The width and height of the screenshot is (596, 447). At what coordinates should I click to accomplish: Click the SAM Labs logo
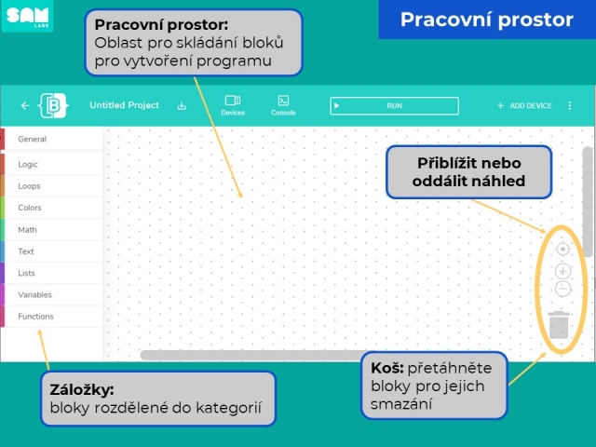27,16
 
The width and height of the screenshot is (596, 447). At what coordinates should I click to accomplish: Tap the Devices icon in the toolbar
233,101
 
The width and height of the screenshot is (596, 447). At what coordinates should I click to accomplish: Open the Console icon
283,101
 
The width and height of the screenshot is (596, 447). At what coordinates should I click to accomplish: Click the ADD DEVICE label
531,105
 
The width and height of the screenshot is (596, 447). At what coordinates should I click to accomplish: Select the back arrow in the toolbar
25,105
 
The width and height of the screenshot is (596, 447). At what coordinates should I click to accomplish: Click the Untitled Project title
124,105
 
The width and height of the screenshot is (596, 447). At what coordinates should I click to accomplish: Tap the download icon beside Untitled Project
182,105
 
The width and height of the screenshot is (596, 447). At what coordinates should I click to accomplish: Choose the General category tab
32,139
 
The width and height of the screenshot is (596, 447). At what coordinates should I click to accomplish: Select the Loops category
29,186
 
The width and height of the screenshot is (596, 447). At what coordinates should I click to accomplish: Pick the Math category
27,230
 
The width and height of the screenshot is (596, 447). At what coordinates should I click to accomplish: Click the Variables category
34,294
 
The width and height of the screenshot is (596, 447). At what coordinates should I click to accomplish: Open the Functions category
35,317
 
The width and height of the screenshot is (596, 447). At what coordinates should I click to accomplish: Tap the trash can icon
559,325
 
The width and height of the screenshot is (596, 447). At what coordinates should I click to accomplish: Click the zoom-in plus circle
562,271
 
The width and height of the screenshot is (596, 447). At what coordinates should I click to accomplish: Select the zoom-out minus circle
562,289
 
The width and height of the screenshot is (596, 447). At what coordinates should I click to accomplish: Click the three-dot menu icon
569,105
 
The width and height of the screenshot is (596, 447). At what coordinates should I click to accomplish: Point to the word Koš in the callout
387,368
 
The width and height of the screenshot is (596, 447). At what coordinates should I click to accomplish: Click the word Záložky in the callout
82,390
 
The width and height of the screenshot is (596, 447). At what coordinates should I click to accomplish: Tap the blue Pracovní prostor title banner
487,20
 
